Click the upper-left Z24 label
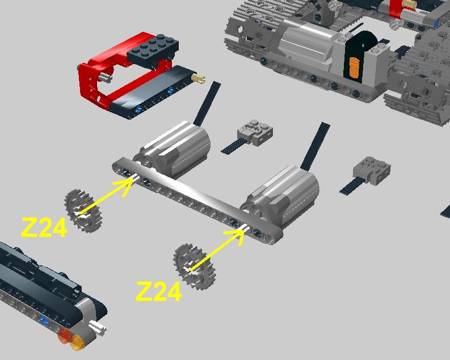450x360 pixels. pos(44,227)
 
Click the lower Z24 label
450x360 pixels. pos(159,291)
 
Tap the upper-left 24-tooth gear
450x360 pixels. pos(83,211)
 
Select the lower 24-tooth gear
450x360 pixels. pos(194,266)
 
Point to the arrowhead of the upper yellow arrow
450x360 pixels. pos(127,185)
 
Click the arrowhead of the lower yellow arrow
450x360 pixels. pos(237,236)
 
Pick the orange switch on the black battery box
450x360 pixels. pos(355,67)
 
